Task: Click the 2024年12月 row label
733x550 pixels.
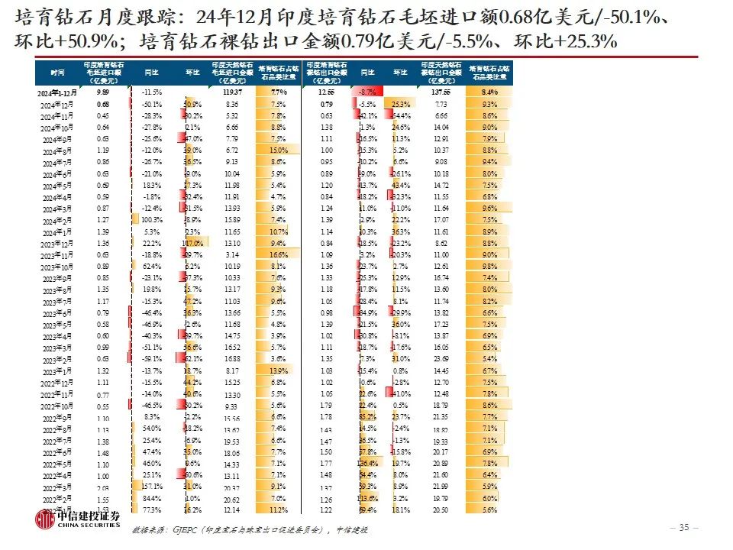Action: (x=57, y=105)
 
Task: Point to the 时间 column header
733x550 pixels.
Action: (x=58, y=72)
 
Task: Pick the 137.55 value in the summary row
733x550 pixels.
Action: (x=441, y=92)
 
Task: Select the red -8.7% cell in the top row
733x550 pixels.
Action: (x=366, y=92)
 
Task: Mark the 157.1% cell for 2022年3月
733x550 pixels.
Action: (x=150, y=487)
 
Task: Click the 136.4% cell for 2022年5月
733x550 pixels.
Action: (x=367, y=464)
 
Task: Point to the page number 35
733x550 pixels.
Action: (x=684, y=528)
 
